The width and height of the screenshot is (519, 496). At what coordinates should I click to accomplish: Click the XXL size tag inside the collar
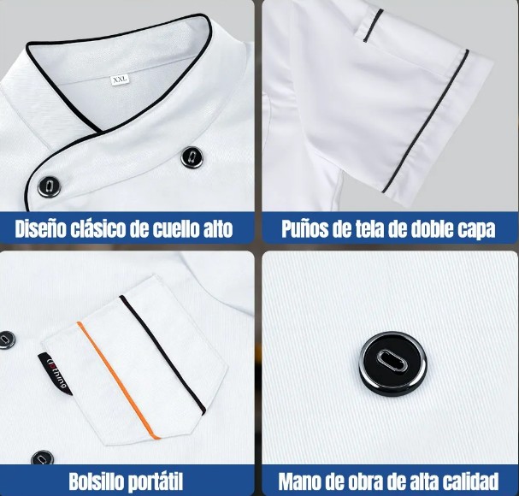click(x=120, y=80)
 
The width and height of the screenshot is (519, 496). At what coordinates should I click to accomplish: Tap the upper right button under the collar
click(x=192, y=157)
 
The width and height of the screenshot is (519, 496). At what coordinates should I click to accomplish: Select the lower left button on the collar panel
click(x=50, y=186)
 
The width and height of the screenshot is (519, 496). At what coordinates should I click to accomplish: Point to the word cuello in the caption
click(x=173, y=228)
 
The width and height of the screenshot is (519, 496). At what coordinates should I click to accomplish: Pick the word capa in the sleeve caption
click(x=477, y=230)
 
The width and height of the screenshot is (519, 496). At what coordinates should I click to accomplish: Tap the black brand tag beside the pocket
click(x=56, y=374)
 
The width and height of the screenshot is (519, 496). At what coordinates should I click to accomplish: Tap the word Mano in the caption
click(x=298, y=481)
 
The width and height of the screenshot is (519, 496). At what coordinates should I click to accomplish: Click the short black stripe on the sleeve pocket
click(x=373, y=26)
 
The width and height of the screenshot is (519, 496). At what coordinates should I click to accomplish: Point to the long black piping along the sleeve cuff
click(x=426, y=121)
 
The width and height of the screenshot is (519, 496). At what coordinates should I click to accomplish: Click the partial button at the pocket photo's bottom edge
click(x=43, y=458)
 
